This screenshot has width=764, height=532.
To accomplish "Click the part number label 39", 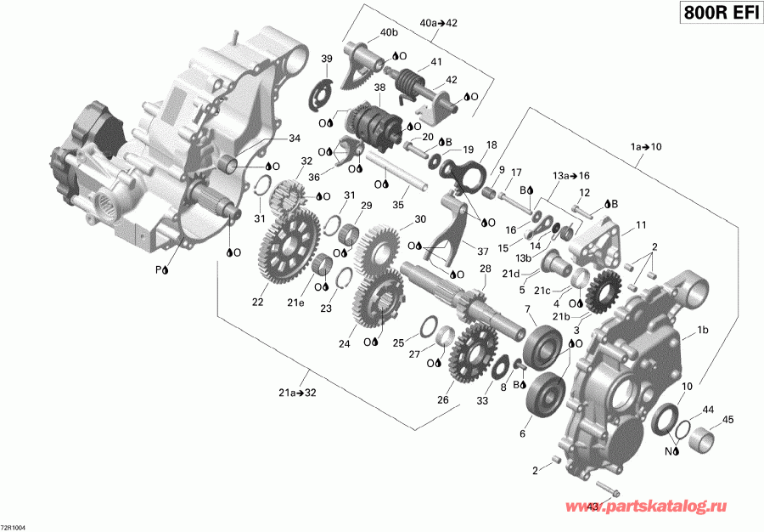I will click(326, 59).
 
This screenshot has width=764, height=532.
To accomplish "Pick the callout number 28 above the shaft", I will click(486, 269).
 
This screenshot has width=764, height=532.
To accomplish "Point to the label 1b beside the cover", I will click(703, 330).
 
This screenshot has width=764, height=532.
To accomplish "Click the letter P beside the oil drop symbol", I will click(157, 270).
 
